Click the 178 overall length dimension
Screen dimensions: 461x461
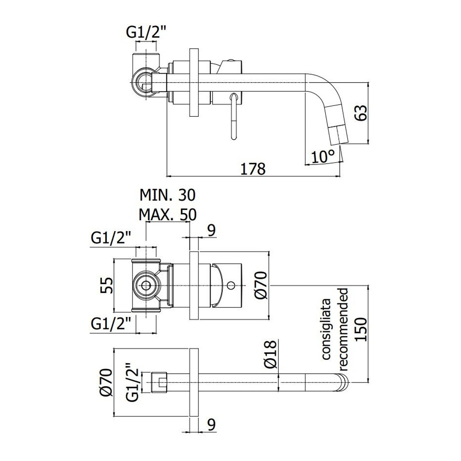coord(252,169)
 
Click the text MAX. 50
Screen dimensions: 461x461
coord(167,215)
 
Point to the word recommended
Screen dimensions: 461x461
coord(343,329)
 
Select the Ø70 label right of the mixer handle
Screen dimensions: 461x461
coord(262,285)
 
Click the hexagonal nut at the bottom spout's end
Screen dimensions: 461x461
coord(160,382)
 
